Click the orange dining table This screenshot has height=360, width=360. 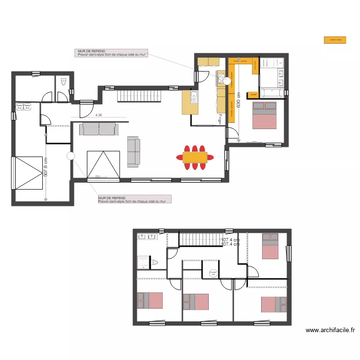tap(194, 157)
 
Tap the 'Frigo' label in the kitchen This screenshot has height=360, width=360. tap(220, 119)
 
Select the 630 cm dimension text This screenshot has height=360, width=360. tap(238, 101)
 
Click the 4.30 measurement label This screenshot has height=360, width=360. tap(99, 115)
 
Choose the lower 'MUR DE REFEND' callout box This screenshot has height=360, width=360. tap(134, 199)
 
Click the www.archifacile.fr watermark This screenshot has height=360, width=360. tap(331, 330)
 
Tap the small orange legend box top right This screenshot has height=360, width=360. tap(335, 41)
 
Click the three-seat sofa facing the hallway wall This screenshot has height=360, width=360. tap(99, 129)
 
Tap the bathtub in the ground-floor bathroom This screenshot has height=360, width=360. tap(272, 93)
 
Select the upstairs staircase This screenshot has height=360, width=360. tap(199, 239)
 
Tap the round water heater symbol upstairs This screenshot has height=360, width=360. tap(212, 273)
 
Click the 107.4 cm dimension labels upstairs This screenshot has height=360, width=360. tap(230, 242)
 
